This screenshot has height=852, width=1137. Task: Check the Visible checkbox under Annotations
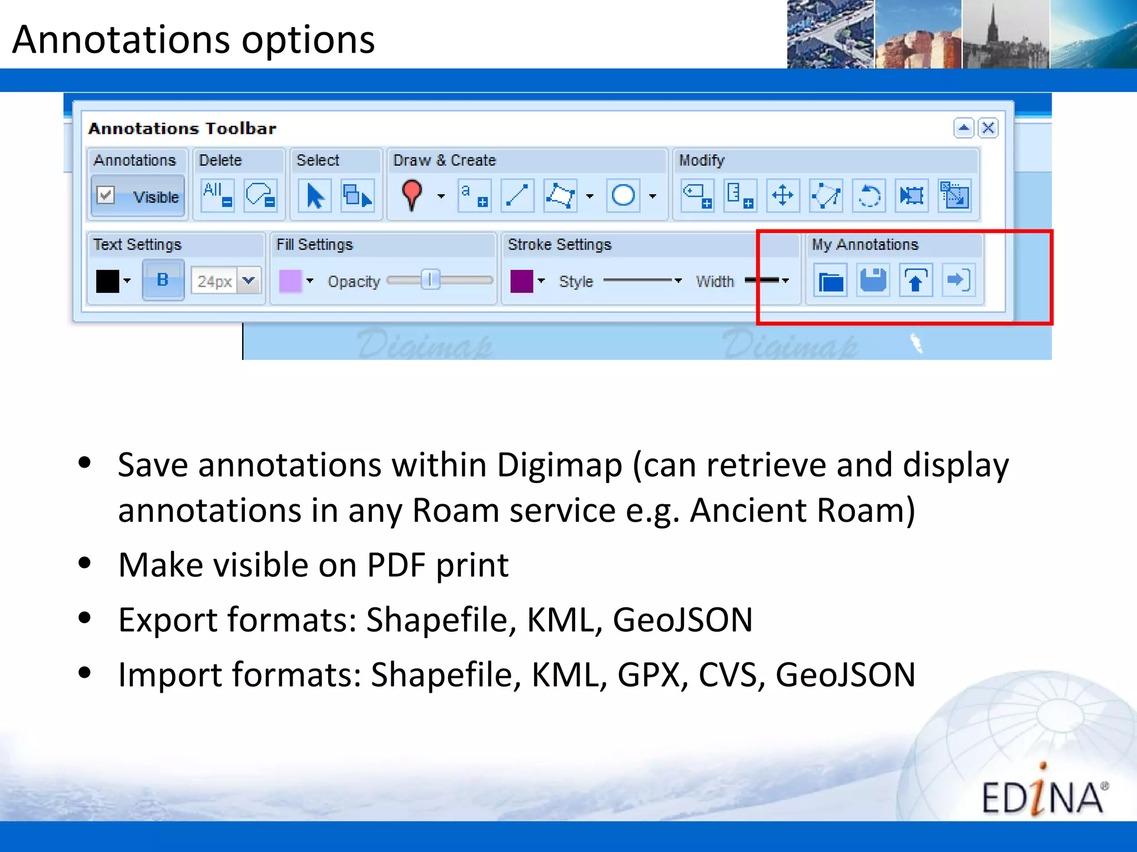click(x=105, y=195)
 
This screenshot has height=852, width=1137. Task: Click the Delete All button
click(x=217, y=195)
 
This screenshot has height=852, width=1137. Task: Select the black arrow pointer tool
click(x=315, y=196)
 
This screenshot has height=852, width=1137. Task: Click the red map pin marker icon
click(x=412, y=195)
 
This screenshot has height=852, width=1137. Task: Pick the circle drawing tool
click(x=623, y=195)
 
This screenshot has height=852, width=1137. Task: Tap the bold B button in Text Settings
click(x=163, y=280)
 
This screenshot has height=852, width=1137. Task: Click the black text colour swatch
click(x=107, y=281)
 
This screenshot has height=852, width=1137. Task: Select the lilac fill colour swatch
click(x=290, y=281)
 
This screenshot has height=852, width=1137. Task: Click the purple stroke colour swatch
click(x=521, y=281)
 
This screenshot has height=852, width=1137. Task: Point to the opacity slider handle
click(x=430, y=280)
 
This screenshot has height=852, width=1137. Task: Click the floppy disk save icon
click(x=873, y=280)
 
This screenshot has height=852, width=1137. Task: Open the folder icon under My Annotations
click(x=831, y=281)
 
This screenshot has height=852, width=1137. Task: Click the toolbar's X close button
click(x=988, y=128)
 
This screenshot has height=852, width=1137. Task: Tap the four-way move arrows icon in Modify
click(x=783, y=195)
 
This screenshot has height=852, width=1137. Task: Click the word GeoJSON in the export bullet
click(x=683, y=620)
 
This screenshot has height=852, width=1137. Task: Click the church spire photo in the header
click(x=1005, y=34)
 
